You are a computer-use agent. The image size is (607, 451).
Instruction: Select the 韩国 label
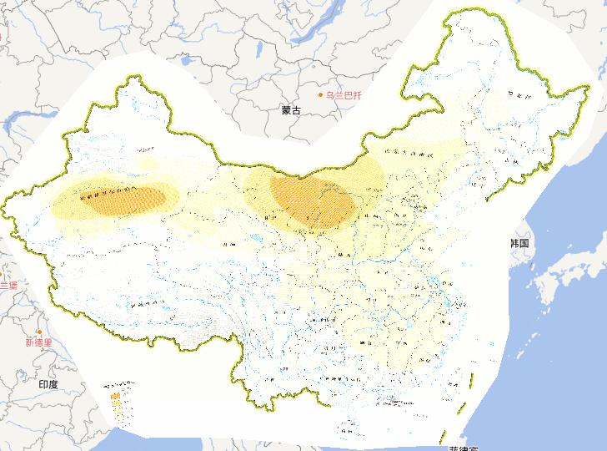point(519,243)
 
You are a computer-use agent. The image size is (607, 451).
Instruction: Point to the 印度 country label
point(48,384)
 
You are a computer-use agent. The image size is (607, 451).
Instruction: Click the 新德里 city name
point(38,342)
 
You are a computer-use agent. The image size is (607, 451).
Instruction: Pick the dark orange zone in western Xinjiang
point(129,198)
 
